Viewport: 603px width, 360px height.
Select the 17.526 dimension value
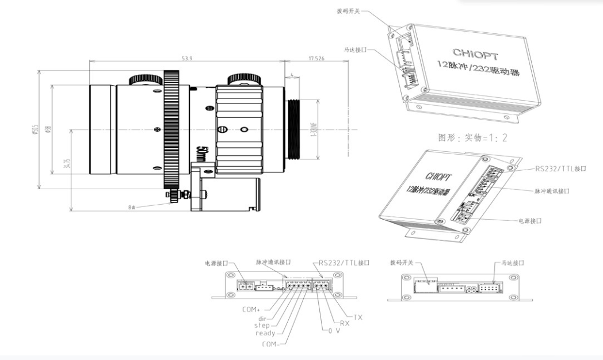click(318, 58)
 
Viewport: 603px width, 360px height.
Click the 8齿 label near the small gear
click(133, 206)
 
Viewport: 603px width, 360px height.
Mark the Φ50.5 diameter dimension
click(36, 131)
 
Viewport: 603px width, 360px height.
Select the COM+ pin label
click(250, 309)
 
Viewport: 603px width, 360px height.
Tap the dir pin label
click(262, 317)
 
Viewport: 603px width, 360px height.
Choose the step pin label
click(262, 325)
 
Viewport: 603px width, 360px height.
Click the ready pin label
click(264, 332)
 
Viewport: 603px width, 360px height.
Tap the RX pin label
click(345, 323)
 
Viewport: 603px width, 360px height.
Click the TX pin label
click(358, 316)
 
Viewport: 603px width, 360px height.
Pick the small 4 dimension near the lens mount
click(293, 75)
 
